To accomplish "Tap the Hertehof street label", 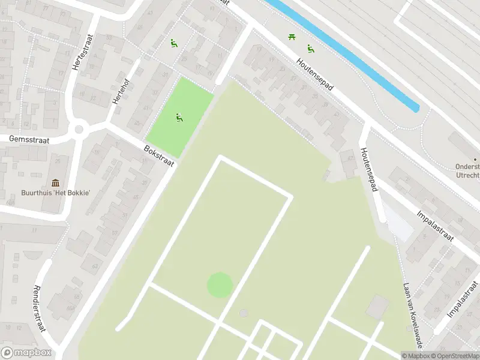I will click(121, 93).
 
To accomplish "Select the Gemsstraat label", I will click(29, 139).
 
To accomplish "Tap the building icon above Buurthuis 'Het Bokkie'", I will click(56, 182).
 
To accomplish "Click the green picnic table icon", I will click(292, 38).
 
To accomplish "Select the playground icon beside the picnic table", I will click(311, 49).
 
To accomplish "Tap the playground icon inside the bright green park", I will click(179, 118).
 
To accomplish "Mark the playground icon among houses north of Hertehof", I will click(173, 43).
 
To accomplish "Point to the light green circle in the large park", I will click(220, 284).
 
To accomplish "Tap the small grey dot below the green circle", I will click(243, 313).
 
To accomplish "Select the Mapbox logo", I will click(26, 353).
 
